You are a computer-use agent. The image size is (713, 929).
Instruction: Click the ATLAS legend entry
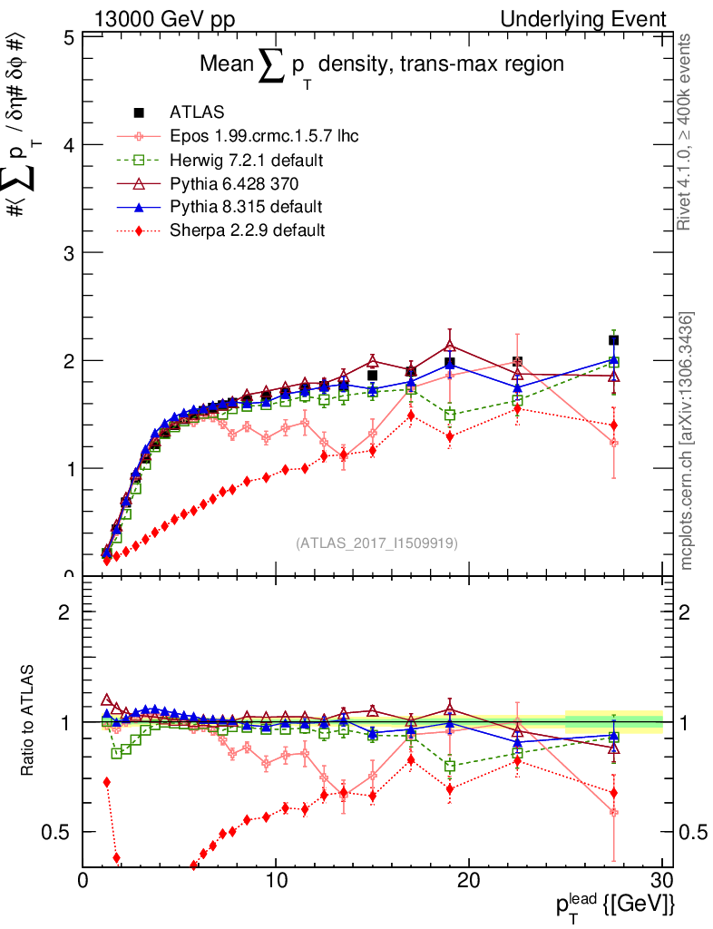(x=190, y=112)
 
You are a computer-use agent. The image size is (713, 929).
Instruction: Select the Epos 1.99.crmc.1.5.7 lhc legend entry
(x=263, y=137)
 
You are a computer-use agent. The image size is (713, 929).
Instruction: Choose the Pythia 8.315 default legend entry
(x=246, y=206)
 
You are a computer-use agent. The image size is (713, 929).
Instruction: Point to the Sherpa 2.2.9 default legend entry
(x=247, y=230)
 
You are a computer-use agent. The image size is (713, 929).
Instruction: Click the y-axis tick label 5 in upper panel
(x=68, y=37)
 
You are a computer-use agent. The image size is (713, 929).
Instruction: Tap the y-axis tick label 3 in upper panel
(x=68, y=252)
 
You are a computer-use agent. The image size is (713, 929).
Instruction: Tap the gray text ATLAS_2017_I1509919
(x=376, y=543)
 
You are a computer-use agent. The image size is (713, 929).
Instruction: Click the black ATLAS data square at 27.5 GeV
(x=614, y=340)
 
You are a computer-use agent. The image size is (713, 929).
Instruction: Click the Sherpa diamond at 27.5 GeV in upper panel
(x=614, y=425)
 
